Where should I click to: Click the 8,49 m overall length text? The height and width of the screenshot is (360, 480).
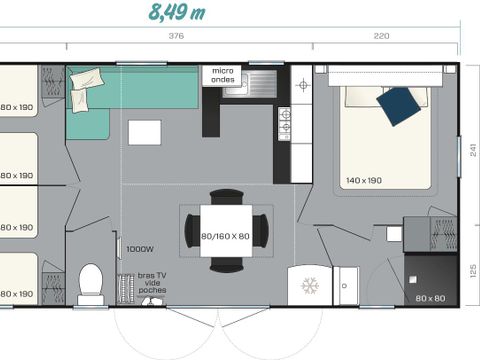coord(178,12)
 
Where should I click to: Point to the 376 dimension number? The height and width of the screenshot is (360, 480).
coord(176,37)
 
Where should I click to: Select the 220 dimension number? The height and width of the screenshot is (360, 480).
coord(381,37)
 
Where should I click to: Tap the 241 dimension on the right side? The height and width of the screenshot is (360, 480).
coord(471,151)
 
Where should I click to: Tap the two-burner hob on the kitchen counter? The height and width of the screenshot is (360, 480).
coord(285,121)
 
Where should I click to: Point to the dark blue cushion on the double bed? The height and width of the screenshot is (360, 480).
coord(400,105)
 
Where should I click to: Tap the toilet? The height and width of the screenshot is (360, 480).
coord(91,284)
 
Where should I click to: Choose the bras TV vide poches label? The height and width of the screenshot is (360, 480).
coord(152,283)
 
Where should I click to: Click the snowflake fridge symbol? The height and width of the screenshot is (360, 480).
coord(308,285)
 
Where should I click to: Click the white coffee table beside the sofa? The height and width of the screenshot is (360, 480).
coord(144,131)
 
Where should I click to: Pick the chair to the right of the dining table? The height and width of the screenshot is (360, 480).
coord(262,230)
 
